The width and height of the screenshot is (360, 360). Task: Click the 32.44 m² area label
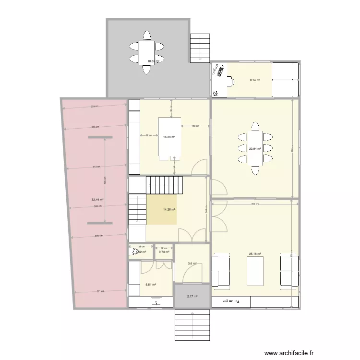[x=98, y=199]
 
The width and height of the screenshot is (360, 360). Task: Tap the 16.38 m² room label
[x=169, y=137]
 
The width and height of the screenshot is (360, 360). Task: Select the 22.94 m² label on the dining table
[x=255, y=149]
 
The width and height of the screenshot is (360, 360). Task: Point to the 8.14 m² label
[x=255, y=80]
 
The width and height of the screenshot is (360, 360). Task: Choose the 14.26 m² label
[x=169, y=209]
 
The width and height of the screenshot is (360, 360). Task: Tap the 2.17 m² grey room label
[x=192, y=297]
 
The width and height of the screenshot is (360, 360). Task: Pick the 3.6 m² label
[x=192, y=264]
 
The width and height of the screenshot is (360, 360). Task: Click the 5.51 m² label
[x=151, y=285]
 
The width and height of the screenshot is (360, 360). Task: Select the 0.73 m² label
[x=164, y=252]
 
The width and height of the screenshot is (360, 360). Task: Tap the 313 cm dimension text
[x=96, y=167]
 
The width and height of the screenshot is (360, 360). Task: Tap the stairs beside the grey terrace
[x=200, y=47]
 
